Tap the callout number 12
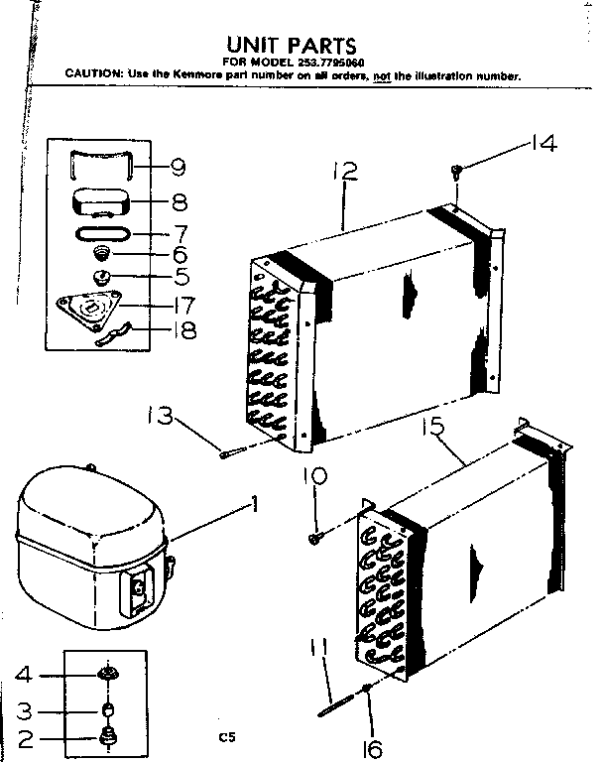tap(344, 172)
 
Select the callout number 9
tap(178, 167)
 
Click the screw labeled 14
tap(456, 173)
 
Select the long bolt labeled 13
tap(234, 454)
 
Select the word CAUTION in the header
tap(94, 74)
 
